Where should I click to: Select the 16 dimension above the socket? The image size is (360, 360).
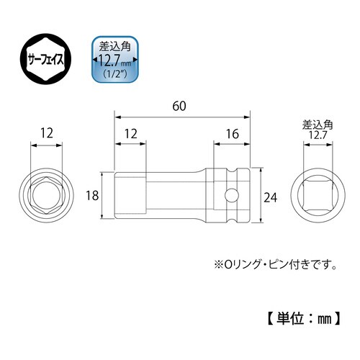[x=231, y=134]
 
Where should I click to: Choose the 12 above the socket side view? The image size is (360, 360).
[x=132, y=134]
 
